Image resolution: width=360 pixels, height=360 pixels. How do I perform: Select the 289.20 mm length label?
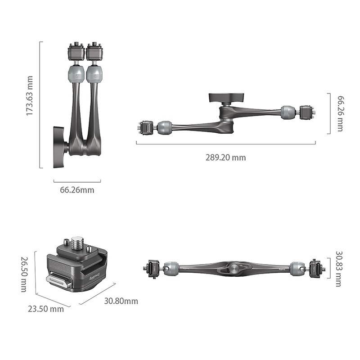(226, 157)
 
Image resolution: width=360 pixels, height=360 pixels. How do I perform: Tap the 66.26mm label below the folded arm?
(77, 190)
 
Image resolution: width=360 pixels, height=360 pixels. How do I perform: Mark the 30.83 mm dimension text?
(339, 269)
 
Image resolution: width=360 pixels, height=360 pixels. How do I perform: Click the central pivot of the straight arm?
(234, 268)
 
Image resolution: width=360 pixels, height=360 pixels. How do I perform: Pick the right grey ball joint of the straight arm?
(297, 269)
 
